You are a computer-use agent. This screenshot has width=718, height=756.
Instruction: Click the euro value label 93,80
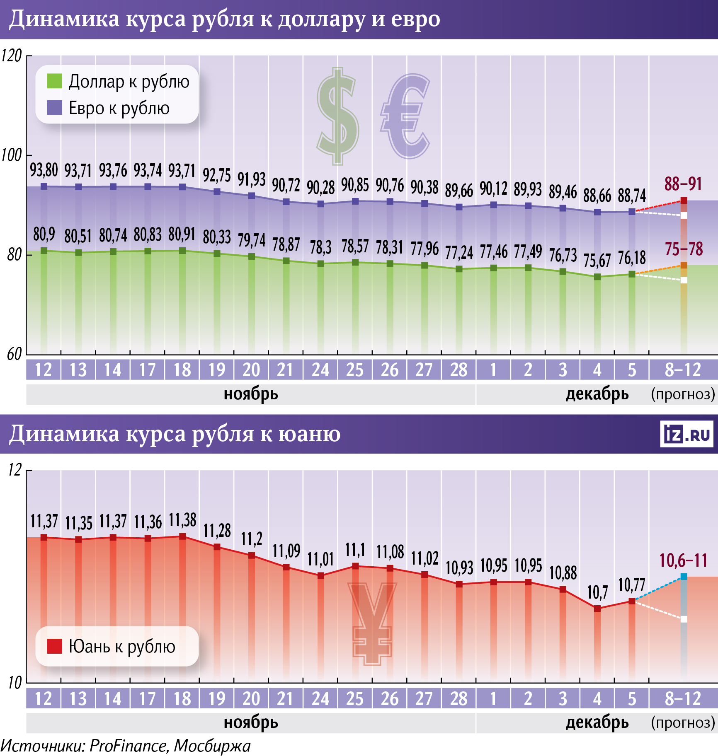(44, 170)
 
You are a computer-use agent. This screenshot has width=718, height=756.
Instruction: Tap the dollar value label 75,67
(597, 261)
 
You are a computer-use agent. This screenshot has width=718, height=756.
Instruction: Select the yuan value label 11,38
(182, 520)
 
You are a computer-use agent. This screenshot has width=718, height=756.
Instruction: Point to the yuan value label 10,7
(597, 592)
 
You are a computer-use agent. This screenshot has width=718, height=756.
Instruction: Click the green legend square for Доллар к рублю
(55, 81)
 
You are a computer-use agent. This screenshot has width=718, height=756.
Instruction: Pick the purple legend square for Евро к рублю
(55, 108)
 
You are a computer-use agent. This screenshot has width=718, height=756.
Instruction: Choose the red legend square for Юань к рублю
(55, 646)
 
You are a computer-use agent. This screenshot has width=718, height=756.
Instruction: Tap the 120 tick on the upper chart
(12, 56)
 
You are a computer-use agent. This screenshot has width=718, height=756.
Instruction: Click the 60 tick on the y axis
(14, 354)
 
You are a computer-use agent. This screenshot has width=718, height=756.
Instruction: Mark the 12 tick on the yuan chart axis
(15, 470)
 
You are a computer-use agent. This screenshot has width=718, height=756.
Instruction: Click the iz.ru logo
(686, 434)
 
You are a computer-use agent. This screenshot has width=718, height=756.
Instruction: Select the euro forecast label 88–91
(683, 184)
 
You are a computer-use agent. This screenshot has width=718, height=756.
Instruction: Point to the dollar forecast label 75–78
(684, 249)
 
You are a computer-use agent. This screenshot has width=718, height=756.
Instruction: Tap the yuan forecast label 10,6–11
(683, 560)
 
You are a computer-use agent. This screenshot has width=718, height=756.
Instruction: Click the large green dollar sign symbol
(338, 116)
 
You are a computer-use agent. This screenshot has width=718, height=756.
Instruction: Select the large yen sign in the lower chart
(372, 621)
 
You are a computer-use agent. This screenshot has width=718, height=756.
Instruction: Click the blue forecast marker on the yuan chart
(684, 577)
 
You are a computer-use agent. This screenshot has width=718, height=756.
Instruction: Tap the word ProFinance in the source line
(129, 746)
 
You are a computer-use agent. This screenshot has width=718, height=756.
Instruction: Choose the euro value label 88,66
(597, 196)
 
